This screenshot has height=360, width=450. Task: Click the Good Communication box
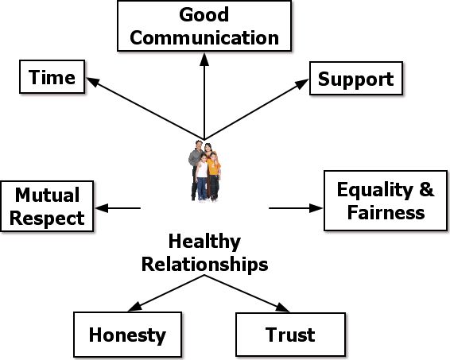click(204, 25)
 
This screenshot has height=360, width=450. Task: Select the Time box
click(52, 76)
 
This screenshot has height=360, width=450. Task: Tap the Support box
click(356, 78)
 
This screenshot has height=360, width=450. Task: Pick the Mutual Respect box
click(47, 206)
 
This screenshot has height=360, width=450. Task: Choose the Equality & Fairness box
click(386, 200)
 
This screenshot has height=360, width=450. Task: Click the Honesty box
click(127, 335)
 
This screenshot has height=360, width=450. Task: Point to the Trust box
click(290, 335)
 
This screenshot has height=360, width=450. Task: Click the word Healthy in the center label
click(204, 242)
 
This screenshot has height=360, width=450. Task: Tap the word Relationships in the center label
click(205, 264)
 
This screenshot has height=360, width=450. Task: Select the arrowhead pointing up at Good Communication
click(204, 60)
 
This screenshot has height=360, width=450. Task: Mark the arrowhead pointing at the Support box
click(302, 83)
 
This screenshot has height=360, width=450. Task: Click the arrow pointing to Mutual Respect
click(118, 208)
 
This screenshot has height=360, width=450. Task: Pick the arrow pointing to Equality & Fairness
click(296, 208)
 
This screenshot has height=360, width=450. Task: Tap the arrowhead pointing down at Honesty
click(135, 307)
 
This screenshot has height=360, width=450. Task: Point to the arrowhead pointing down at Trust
click(282, 308)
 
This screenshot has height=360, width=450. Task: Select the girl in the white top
click(202, 177)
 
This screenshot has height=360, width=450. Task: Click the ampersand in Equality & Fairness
click(427, 189)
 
